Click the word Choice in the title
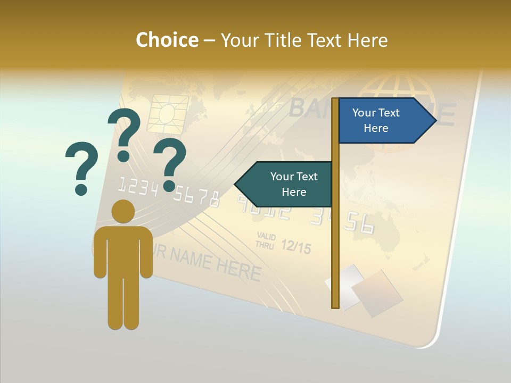167,40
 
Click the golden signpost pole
335,239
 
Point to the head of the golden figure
123,211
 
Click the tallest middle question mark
124,133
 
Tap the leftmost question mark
81,168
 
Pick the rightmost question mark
170,163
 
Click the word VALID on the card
266,236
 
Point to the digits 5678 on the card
197,197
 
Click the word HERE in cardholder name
238,269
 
